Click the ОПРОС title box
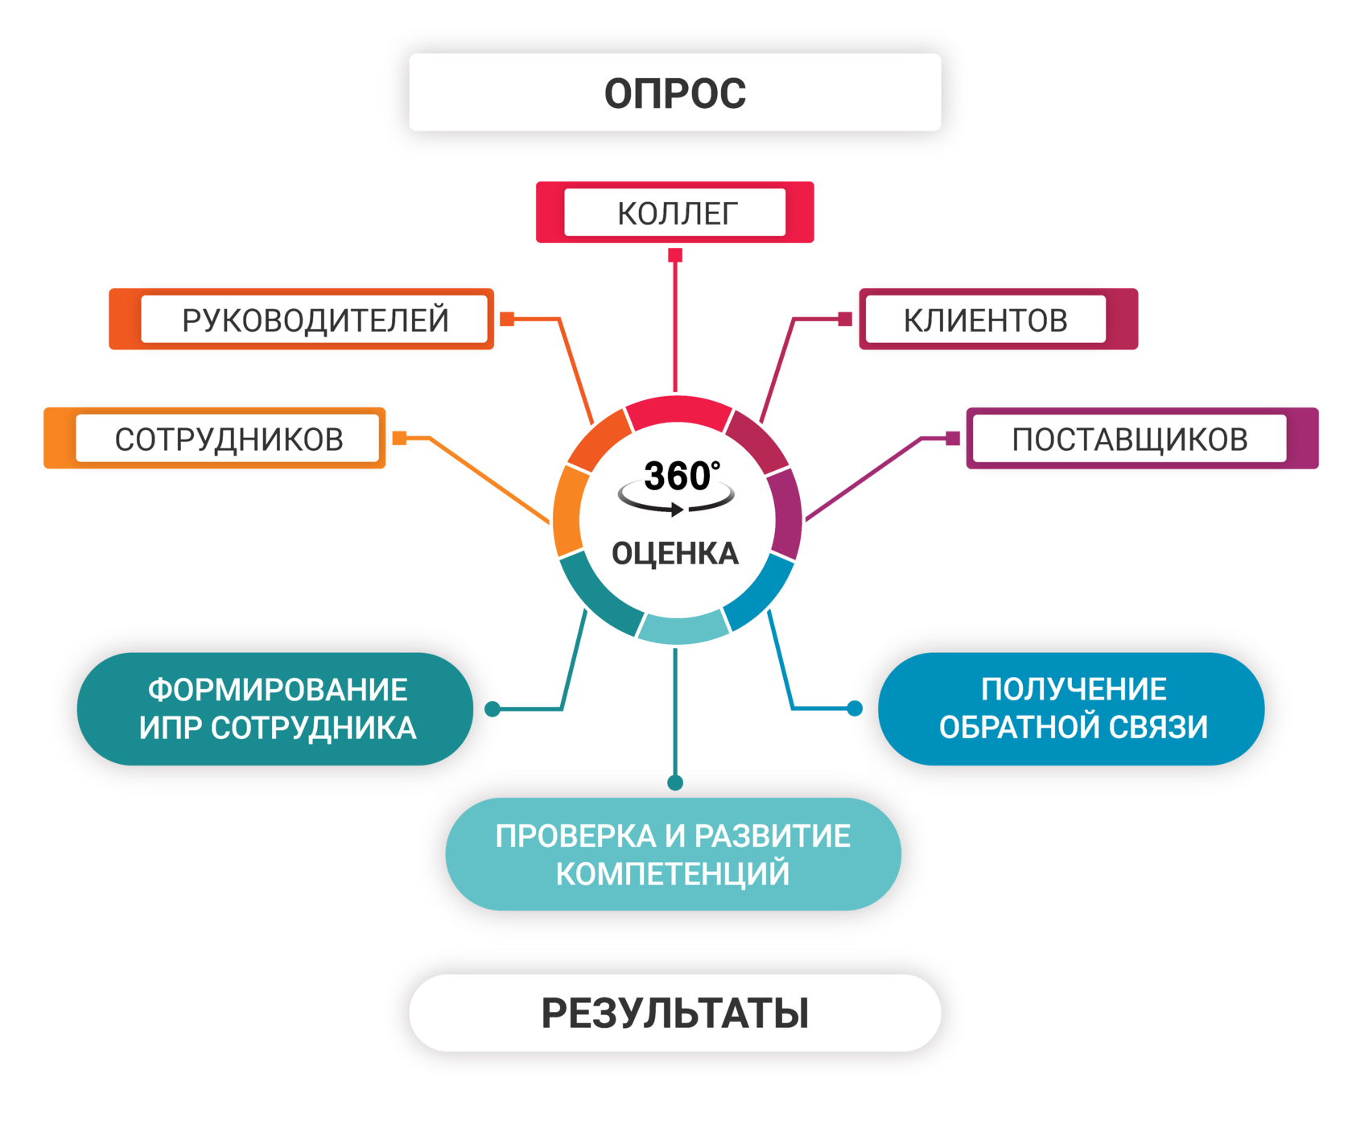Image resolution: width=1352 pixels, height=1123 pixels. pos(674,93)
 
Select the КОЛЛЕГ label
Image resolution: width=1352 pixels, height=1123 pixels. pos(675,213)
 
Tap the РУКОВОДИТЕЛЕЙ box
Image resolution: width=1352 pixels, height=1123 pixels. pos(315,320)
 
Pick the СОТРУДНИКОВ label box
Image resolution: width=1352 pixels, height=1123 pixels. pos(228,439)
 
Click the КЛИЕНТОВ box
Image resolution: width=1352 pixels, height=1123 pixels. pos(984,320)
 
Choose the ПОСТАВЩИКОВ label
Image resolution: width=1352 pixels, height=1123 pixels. pos(1129,439)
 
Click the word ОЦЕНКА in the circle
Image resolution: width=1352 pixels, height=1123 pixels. pos(674,554)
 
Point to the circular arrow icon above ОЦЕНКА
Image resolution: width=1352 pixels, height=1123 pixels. pos(676,497)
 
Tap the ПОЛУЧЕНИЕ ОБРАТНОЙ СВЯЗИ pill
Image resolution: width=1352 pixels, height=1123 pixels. pos(1072,708)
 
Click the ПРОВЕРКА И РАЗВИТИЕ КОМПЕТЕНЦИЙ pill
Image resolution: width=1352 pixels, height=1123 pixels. pos(673,854)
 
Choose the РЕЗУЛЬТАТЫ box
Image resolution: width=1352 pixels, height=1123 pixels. pos(674,1013)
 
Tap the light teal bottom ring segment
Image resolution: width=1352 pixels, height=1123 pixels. pos(681,628)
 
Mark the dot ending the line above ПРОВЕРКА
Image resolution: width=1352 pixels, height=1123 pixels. pos(675,782)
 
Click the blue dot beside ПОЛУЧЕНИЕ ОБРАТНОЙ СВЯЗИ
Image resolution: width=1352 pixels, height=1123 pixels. pos(855,708)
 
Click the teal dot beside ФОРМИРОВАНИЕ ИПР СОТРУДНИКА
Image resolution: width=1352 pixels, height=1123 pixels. pos(493,708)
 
